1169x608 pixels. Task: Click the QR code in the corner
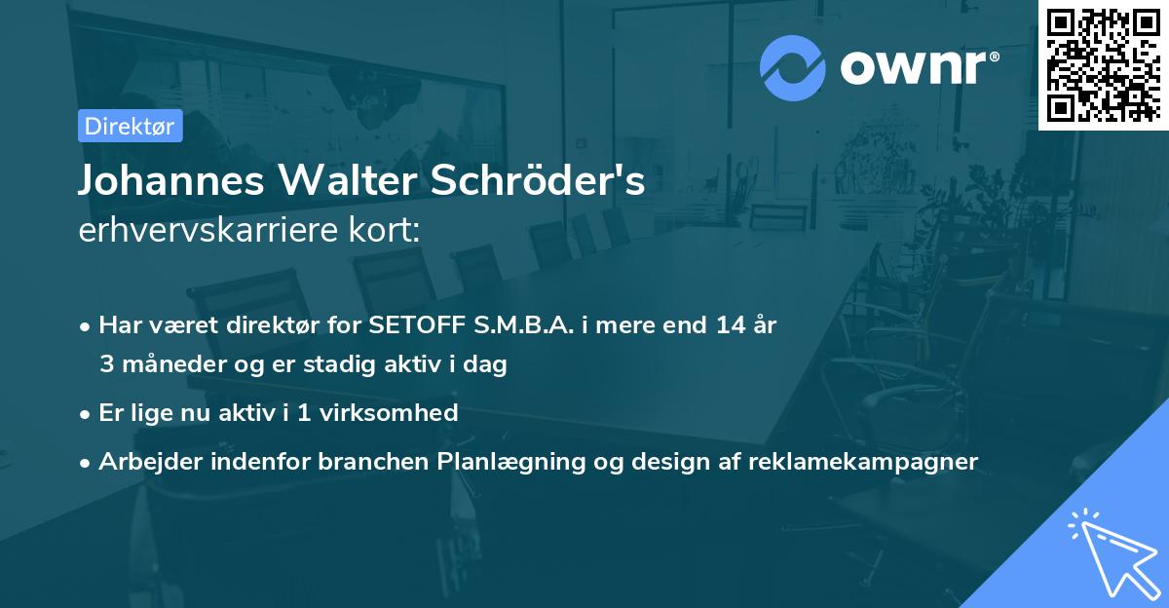click(x=1103, y=64)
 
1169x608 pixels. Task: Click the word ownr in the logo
click(x=917, y=66)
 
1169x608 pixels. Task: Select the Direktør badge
click(x=130, y=126)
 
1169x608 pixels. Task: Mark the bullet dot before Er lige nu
click(x=87, y=414)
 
